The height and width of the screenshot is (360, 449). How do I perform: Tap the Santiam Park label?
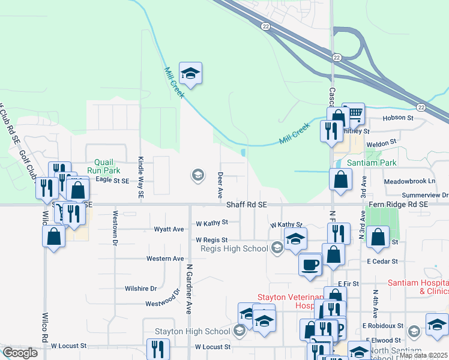[372, 163]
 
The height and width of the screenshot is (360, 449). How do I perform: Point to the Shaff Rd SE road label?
[246, 205]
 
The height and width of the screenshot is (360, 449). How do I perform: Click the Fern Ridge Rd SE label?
[398, 205]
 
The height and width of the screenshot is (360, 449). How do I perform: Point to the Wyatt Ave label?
[169, 229]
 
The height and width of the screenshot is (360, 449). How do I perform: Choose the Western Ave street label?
[165, 259]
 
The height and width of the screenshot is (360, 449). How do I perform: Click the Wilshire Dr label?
[140, 288]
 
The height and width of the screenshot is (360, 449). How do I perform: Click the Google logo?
[20, 353]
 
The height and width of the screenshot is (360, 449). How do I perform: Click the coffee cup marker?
[310, 264]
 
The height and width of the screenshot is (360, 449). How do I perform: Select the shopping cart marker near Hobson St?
[355, 112]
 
